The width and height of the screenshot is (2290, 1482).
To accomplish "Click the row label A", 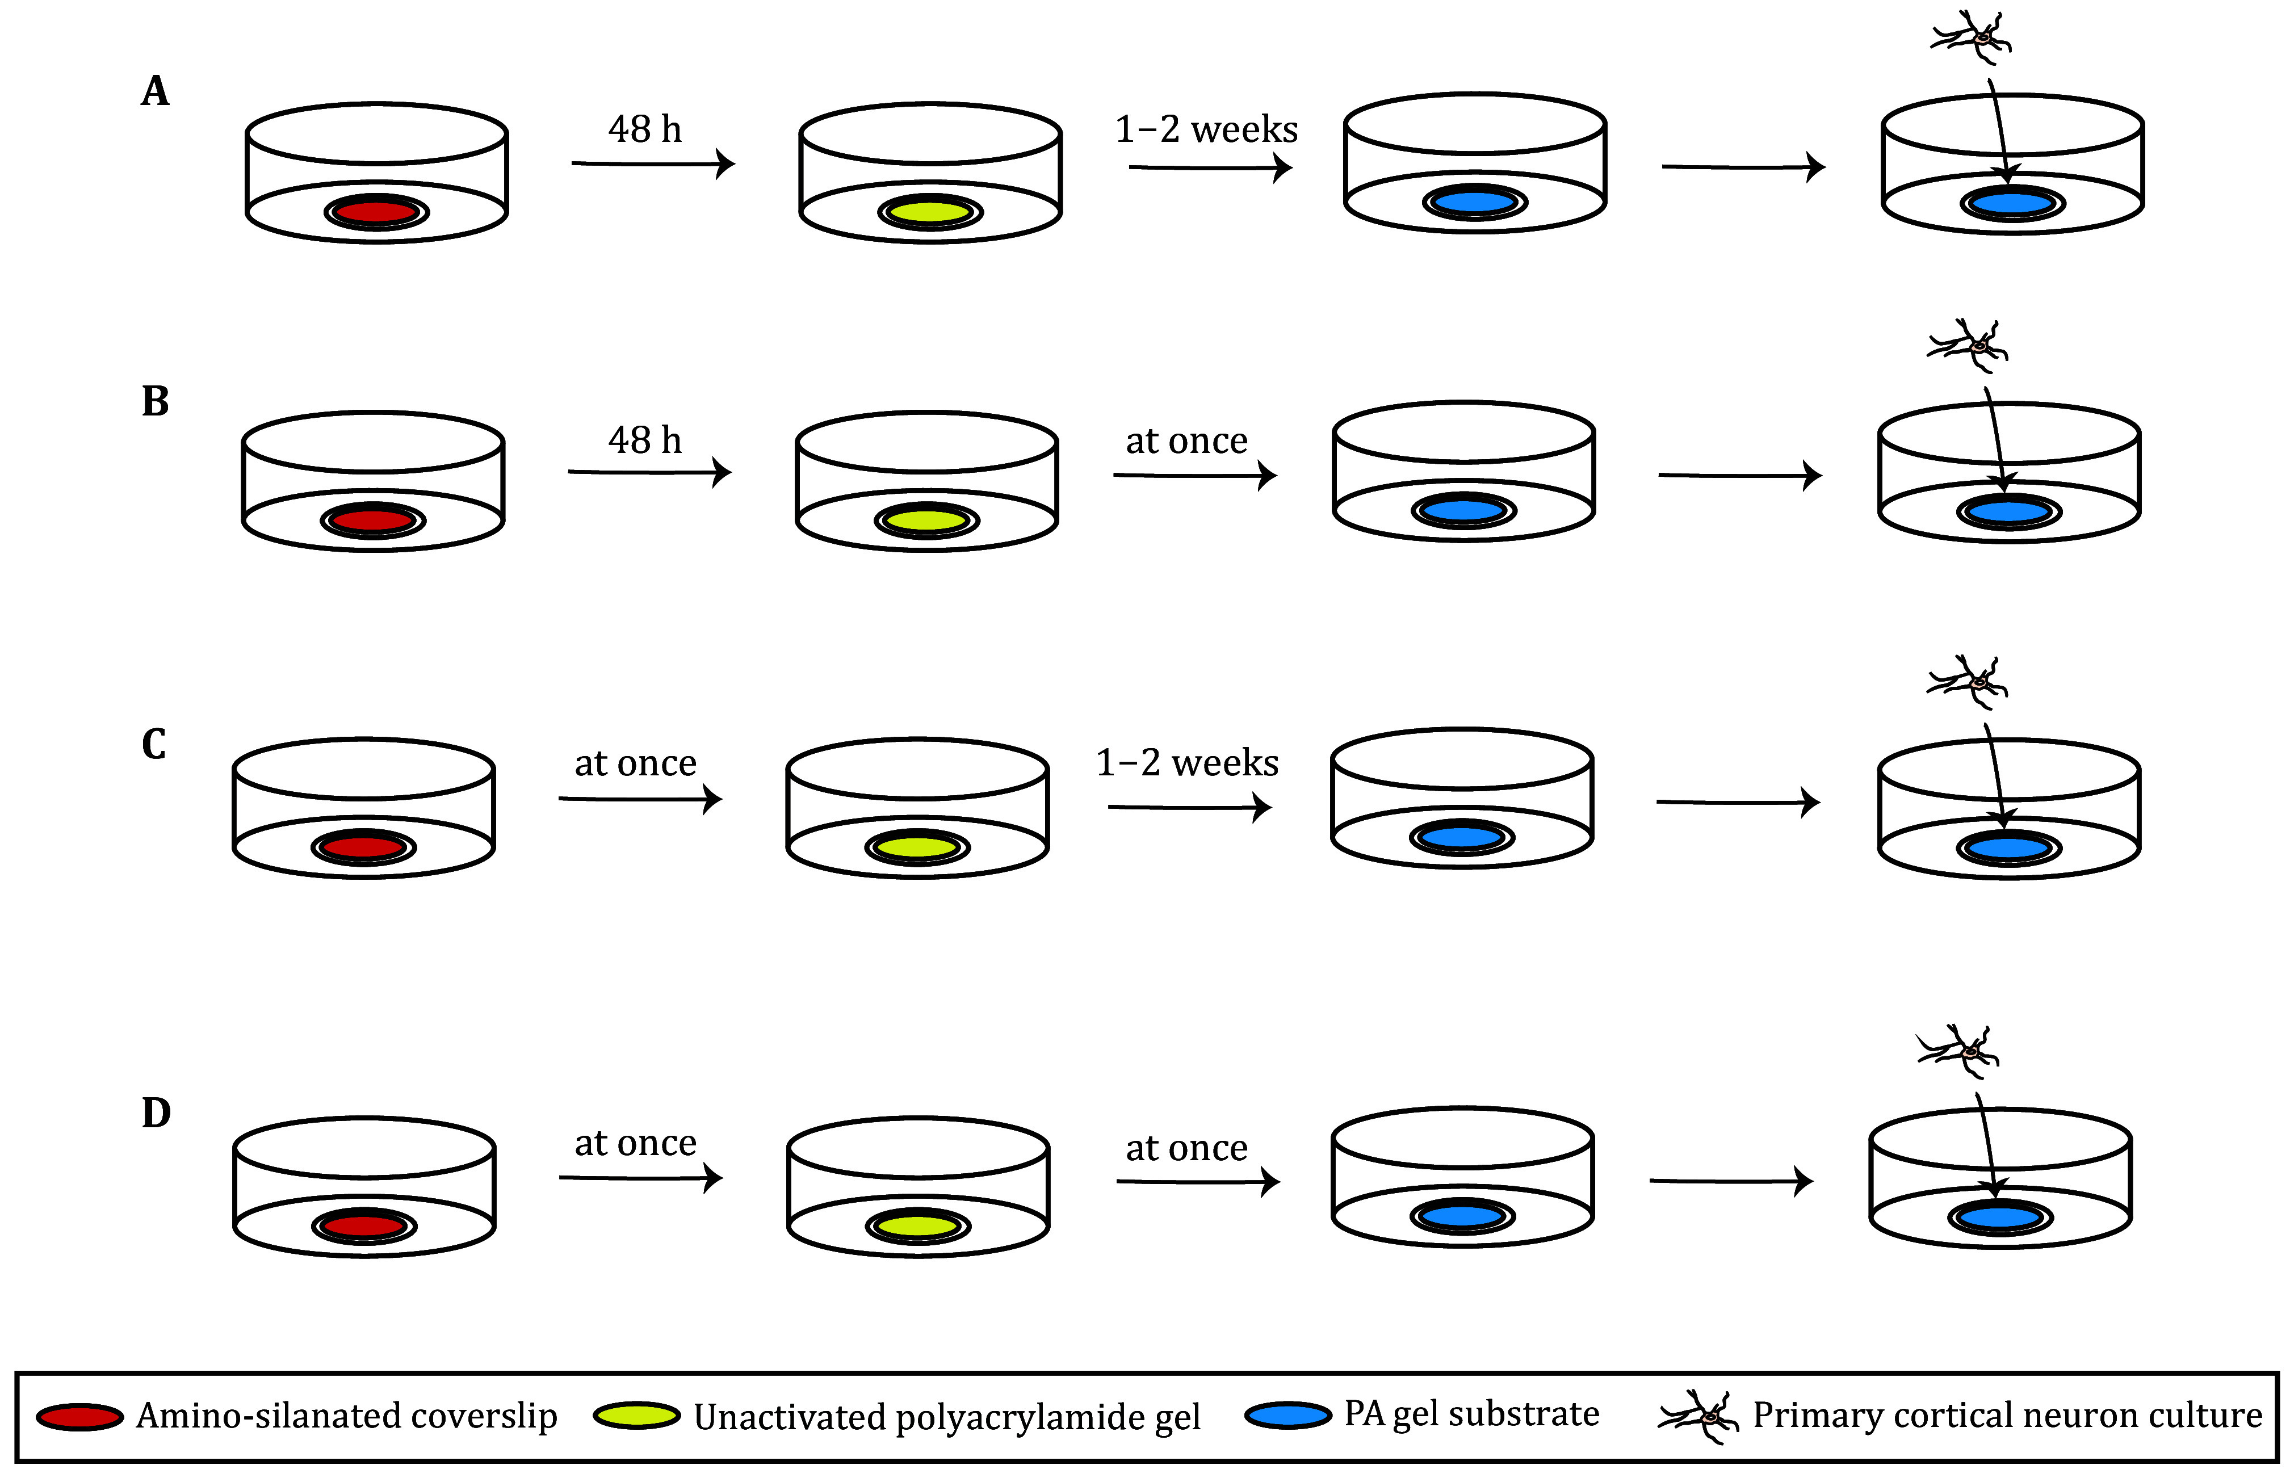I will tap(155, 91).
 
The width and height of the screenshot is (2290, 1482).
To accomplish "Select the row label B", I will tap(155, 401).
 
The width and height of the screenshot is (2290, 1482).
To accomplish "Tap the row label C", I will tap(154, 744).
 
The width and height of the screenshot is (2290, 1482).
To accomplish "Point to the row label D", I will tap(156, 1112).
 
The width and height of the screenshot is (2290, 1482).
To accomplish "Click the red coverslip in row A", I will tap(376, 211).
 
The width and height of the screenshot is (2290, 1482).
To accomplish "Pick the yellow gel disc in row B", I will tap(926, 520).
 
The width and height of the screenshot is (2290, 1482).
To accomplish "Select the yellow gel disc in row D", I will tap(918, 1226).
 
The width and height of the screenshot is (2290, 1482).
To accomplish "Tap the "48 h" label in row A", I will tap(645, 129).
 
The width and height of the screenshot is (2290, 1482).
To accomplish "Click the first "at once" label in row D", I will tap(635, 1143).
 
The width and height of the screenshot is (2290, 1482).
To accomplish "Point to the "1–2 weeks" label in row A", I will tap(1206, 129).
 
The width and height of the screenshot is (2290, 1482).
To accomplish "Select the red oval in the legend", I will tap(80, 1417).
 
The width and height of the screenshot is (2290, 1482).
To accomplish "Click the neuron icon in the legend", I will tap(1699, 1416).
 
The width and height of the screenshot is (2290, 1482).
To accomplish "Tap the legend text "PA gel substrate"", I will tap(1471, 1414).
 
